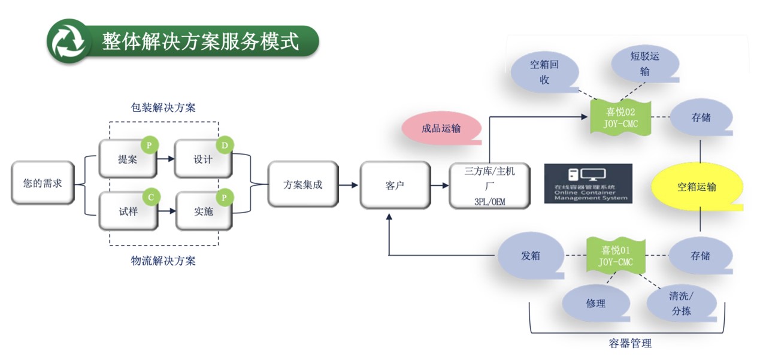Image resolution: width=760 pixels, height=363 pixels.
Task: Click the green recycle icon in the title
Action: click(66, 41)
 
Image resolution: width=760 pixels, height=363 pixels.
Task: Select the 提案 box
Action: click(128, 159)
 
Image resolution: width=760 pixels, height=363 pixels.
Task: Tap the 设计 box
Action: click(203, 159)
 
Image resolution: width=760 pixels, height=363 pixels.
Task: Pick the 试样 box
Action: click(128, 211)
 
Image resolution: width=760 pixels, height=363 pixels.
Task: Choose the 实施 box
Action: click(203, 211)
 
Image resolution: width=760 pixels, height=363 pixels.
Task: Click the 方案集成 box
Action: click(302, 184)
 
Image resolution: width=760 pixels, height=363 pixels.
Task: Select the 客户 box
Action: click(395, 184)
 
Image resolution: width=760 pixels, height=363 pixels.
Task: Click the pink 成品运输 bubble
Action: click(441, 129)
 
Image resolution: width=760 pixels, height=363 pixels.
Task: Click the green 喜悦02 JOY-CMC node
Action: click(620, 117)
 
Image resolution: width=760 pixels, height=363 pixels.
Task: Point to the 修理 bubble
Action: click(595, 303)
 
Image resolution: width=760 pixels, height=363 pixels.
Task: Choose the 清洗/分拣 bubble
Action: click(681, 303)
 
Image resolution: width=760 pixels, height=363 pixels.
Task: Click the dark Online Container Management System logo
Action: click(588, 183)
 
